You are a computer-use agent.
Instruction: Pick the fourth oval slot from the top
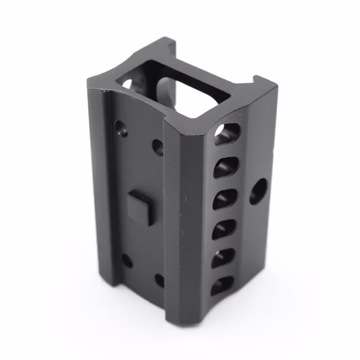click(x=224, y=227)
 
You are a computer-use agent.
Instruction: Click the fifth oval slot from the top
click(x=223, y=256)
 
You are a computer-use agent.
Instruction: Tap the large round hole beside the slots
click(x=259, y=190)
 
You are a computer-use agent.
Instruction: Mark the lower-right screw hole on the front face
click(x=159, y=281)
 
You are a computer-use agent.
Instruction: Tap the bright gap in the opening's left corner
click(x=128, y=84)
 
